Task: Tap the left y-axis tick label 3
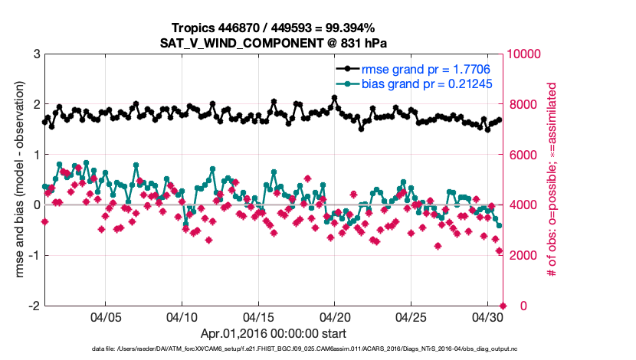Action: click(x=36, y=54)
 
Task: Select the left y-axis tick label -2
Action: click(x=34, y=306)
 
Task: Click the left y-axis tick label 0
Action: click(x=36, y=205)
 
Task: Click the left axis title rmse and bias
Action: click(x=17, y=180)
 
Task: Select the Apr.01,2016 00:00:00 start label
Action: click(x=274, y=334)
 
